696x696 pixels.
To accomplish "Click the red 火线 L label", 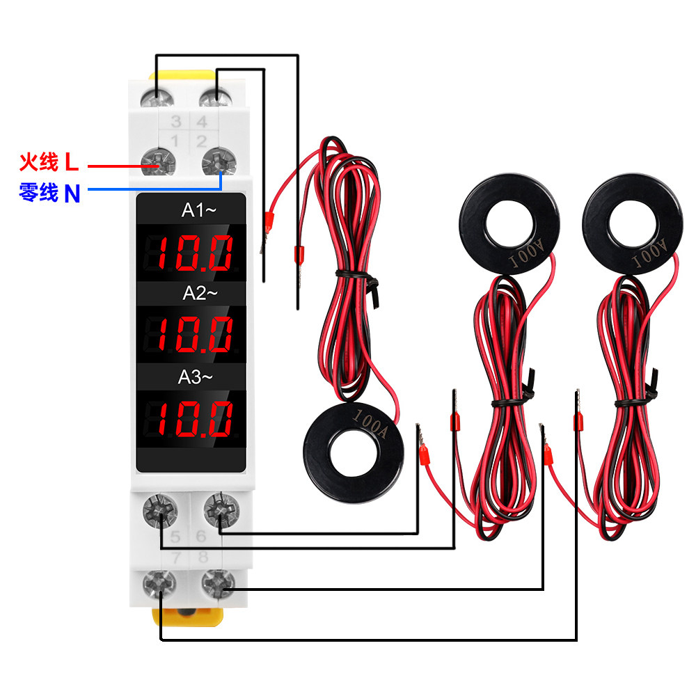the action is click(49, 164).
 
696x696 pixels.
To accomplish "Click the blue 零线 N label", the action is click(49, 193).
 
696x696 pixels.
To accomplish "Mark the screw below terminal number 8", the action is click(216, 584).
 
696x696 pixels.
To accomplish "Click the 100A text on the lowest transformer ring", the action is click(370, 421).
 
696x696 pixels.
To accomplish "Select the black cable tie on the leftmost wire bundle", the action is click(358, 276).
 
